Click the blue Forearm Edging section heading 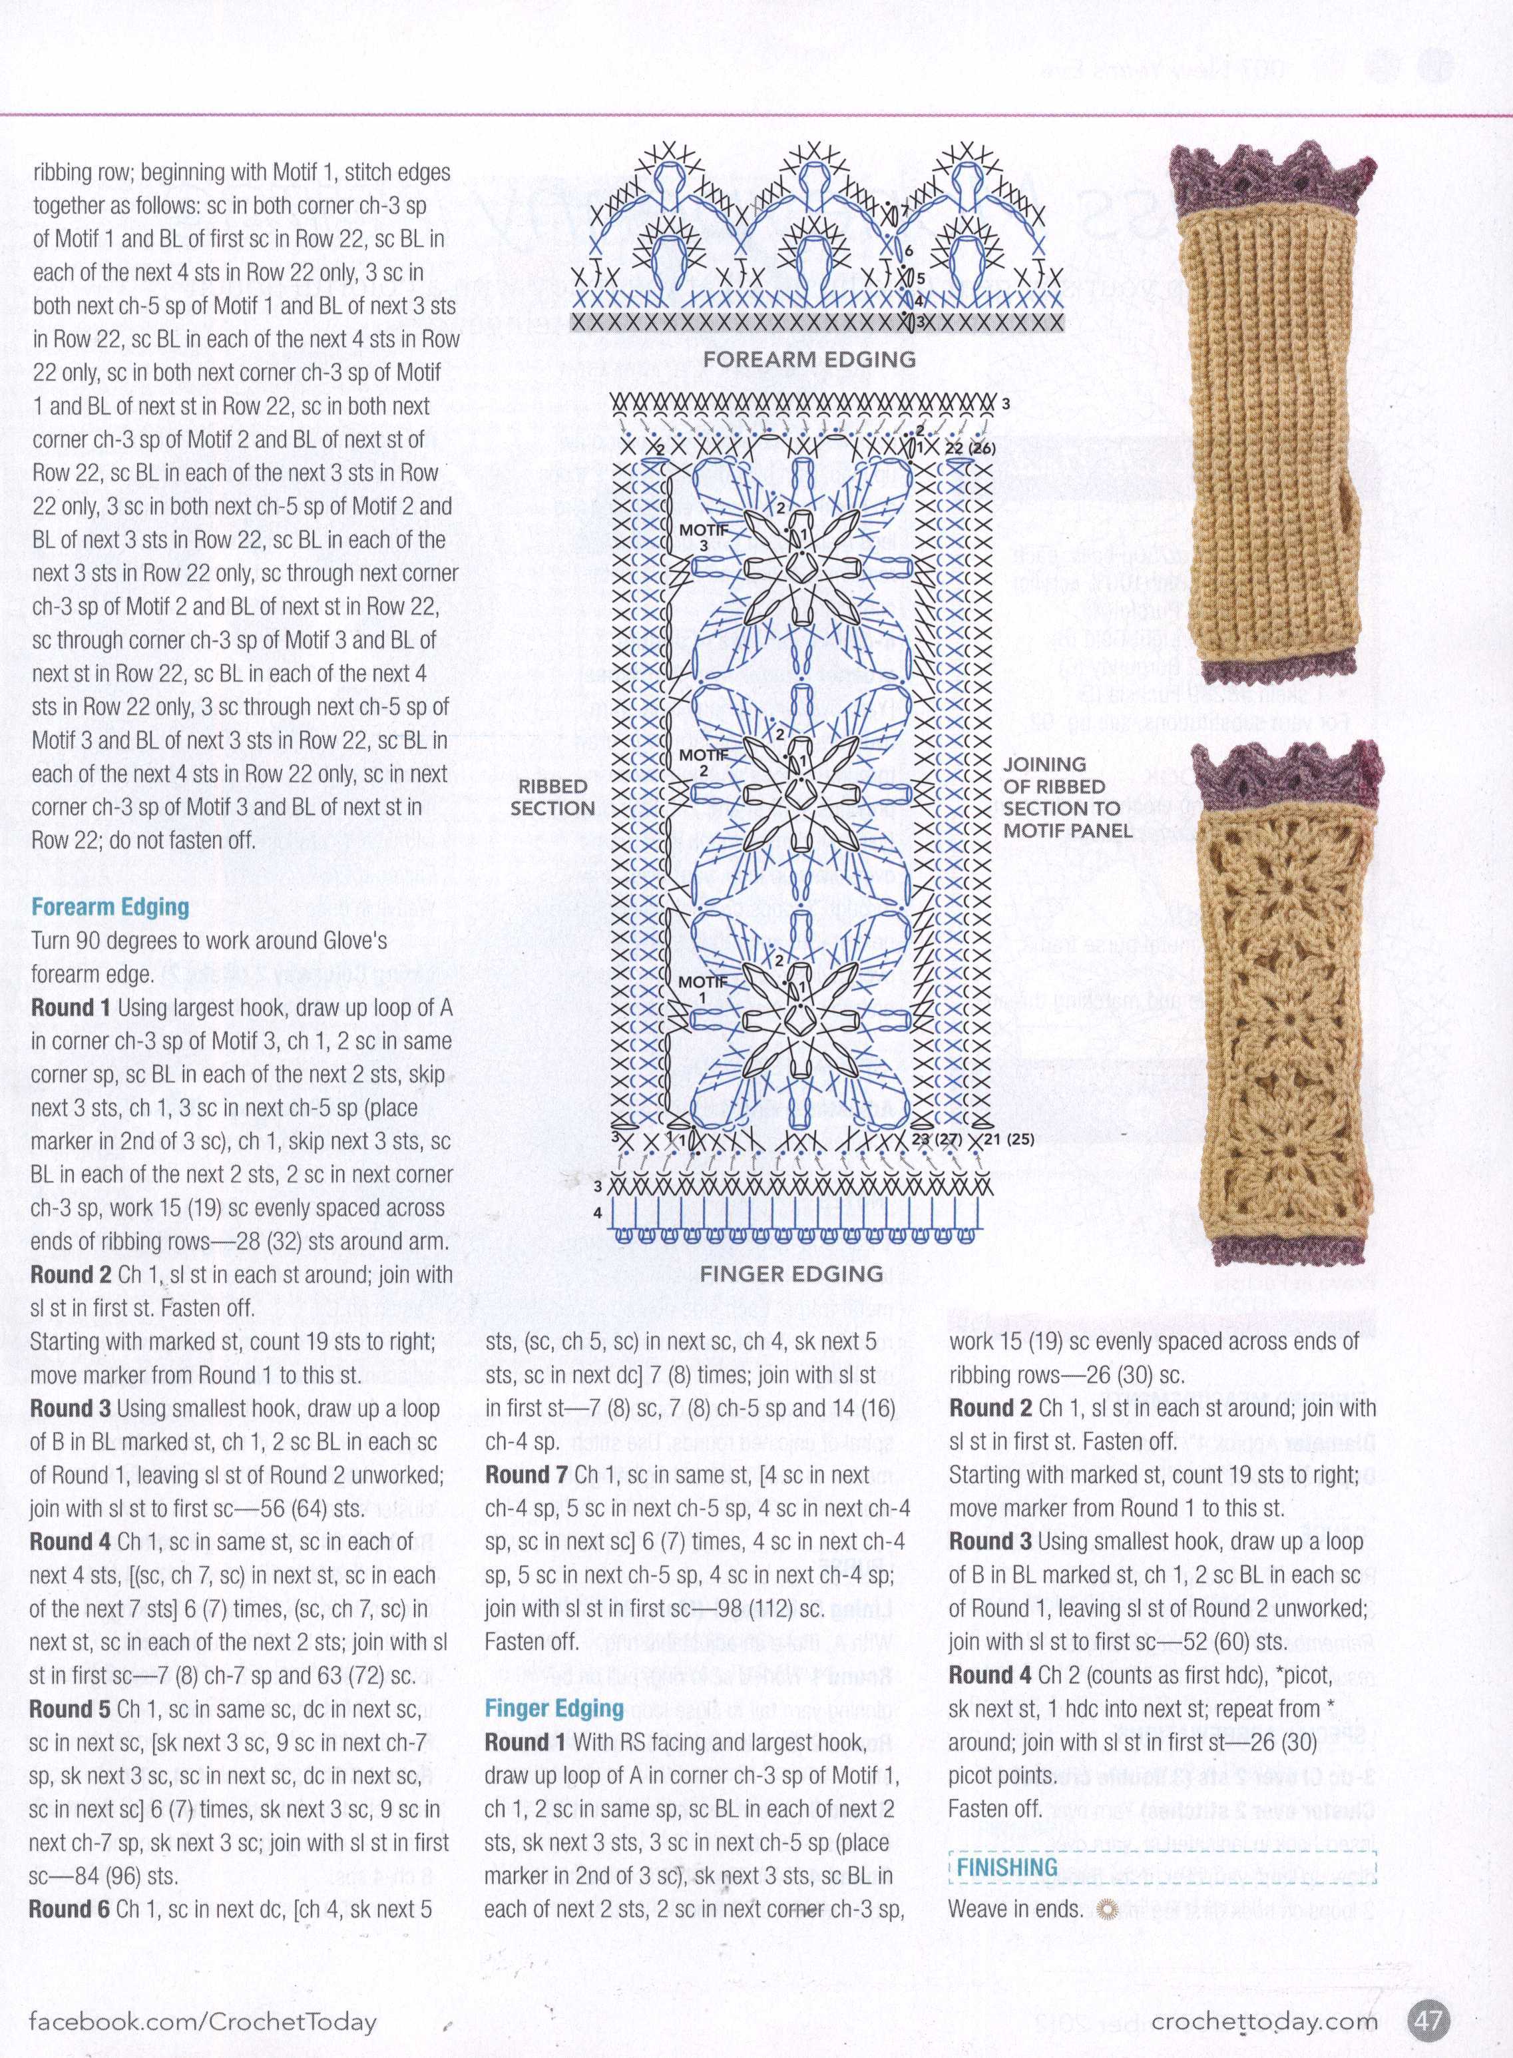110,907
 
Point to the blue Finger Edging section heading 554,1708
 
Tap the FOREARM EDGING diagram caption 809,359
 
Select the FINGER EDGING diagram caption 791,1273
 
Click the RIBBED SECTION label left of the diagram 552,797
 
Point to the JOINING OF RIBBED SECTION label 1060,797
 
